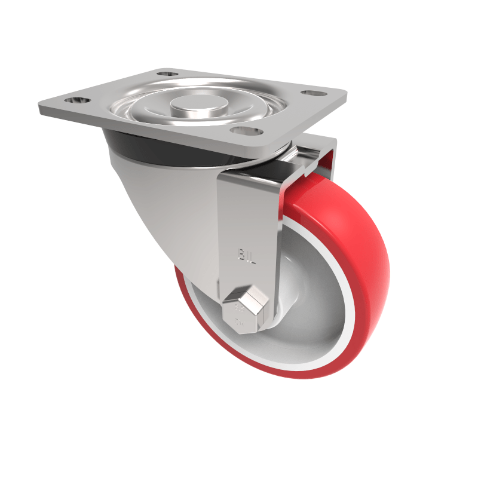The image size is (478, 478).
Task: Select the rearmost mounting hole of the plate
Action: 169,73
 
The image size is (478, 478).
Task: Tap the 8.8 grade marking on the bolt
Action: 239,309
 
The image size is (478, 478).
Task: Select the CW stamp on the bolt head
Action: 240,324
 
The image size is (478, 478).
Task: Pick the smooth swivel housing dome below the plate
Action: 161,203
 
